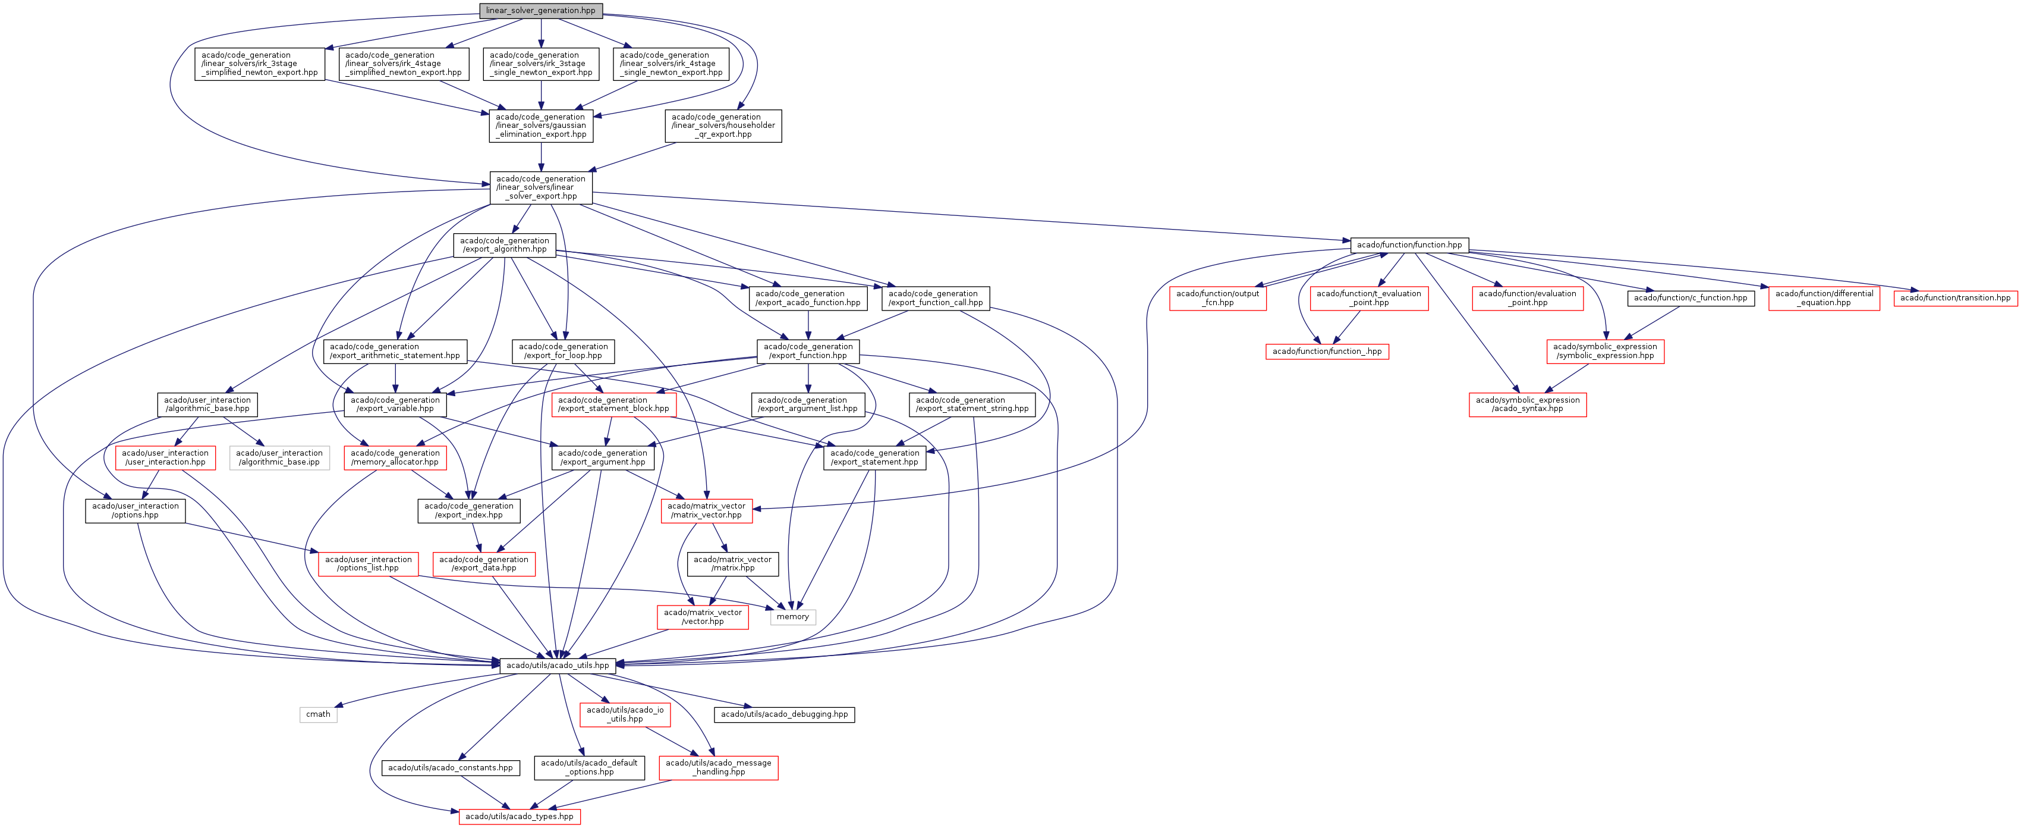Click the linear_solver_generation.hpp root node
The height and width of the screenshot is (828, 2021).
[540, 11]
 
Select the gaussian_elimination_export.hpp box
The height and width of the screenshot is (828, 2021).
[540, 126]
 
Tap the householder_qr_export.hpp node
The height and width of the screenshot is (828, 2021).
[723, 126]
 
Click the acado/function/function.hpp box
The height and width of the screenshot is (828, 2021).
[1409, 245]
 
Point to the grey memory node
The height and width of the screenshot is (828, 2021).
[792, 617]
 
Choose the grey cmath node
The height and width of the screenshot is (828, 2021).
[318, 714]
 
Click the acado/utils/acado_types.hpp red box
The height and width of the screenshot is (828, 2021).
[520, 816]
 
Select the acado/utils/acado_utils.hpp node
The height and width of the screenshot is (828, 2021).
[557, 666]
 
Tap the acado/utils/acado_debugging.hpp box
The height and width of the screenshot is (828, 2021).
[784, 714]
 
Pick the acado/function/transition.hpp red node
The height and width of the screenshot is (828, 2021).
[1955, 298]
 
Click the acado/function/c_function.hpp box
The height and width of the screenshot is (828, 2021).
[1691, 298]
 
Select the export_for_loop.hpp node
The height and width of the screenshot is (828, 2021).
[564, 351]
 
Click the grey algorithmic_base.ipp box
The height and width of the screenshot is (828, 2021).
[279, 457]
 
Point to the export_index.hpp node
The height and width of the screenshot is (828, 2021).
[468, 511]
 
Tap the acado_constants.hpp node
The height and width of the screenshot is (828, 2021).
[451, 767]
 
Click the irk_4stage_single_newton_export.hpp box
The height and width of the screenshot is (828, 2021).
[670, 64]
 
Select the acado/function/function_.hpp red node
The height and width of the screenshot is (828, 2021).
[1327, 352]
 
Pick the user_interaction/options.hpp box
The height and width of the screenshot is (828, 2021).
[135, 511]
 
